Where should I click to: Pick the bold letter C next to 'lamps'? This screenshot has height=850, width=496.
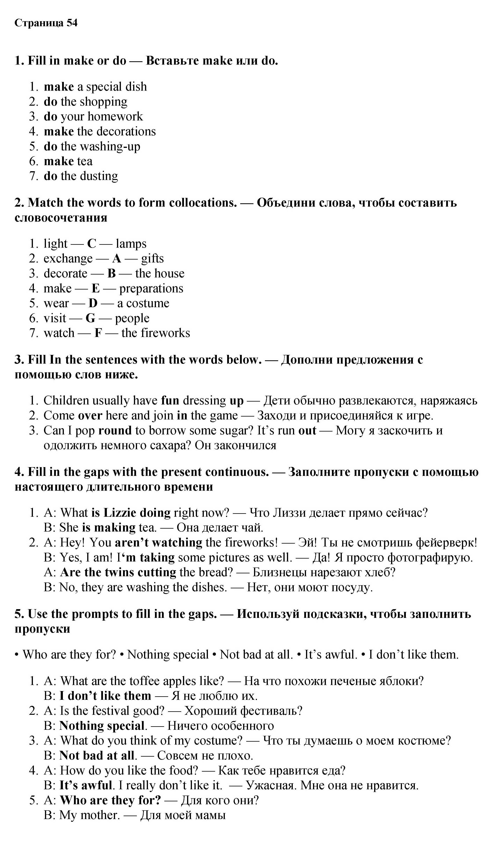(x=92, y=244)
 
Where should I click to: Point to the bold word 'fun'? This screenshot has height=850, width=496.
(x=170, y=401)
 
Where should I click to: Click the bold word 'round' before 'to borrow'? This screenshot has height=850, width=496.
(x=115, y=431)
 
